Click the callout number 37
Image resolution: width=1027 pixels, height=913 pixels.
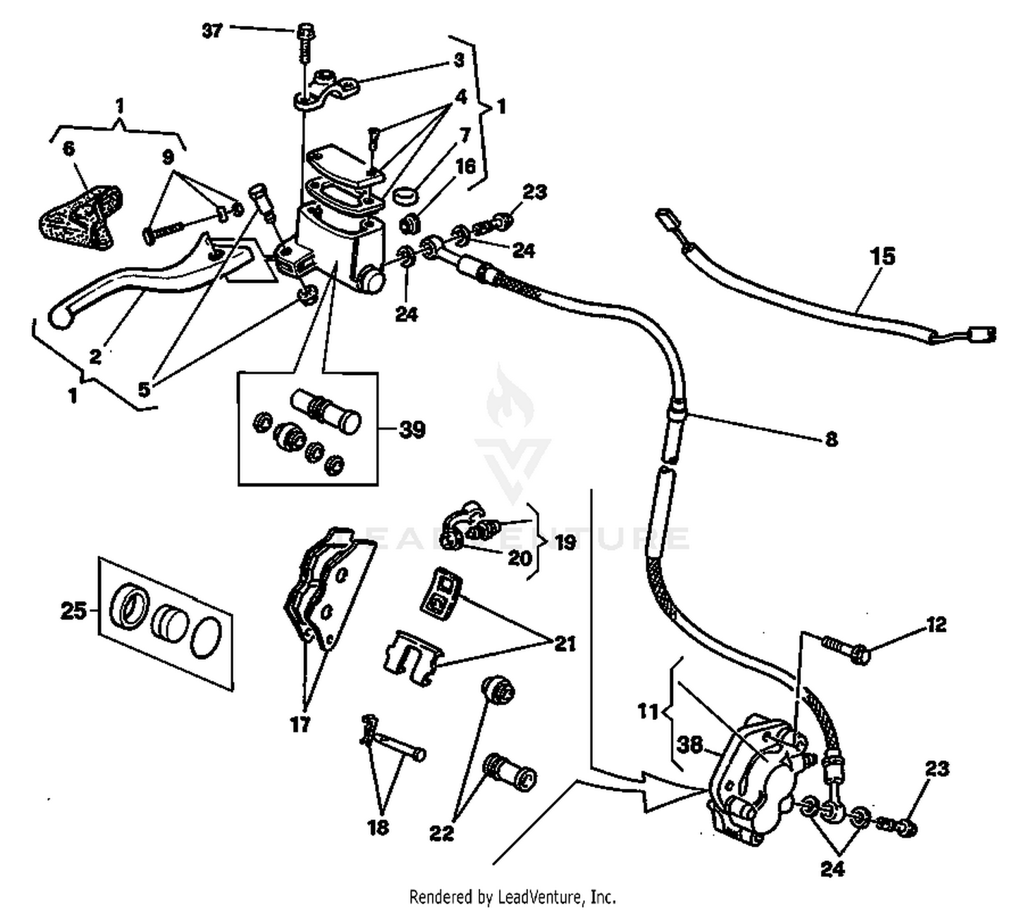click(212, 31)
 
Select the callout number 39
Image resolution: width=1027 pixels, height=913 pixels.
click(411, 430)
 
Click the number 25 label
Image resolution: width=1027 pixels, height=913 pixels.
click(74, 610)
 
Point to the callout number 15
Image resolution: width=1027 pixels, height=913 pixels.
click(883, 257)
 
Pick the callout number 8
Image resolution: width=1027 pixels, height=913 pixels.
click(831, 439)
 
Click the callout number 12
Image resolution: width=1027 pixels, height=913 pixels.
click(936, 624)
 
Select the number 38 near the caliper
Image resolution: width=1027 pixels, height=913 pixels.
click(690, 744)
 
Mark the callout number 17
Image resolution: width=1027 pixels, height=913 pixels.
click(301, 724)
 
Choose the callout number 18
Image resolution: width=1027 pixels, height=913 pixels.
click(378, 827)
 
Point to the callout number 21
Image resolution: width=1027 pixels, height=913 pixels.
click(565, 643)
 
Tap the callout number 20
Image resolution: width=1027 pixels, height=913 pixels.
click(520, 558)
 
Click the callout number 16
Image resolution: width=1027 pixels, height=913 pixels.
click(466, 166)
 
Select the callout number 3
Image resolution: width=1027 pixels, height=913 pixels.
click(459, 60)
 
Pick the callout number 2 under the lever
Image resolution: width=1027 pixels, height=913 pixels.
click(95, 356)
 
